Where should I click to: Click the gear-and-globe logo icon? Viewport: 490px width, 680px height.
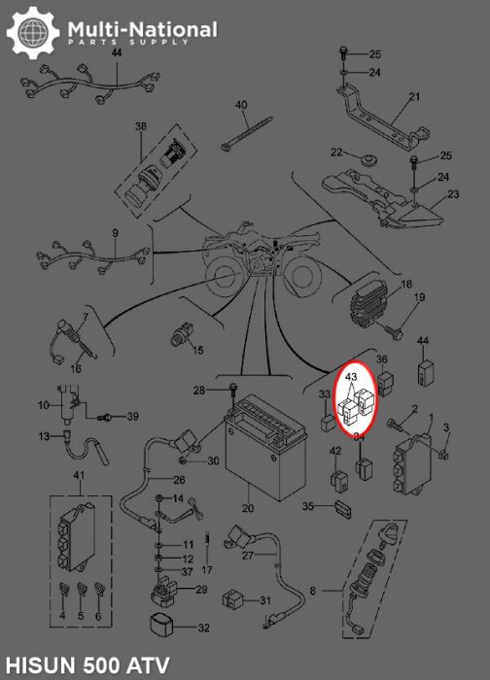(33, 33)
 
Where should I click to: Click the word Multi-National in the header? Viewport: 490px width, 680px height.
(142, 29)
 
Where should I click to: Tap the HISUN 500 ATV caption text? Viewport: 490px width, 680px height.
(87, 665)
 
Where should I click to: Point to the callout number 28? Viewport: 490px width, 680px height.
(198, 391)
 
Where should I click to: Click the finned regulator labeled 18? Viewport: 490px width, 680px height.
(372, 309)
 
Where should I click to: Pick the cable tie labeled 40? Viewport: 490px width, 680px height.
(247, 134)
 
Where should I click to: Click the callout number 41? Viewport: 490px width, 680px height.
(79, 475)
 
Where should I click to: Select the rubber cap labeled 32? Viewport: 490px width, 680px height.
(161, 626)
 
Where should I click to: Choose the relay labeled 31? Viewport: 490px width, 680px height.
(232, 599)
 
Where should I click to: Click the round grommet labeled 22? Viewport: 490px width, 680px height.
(368, 158)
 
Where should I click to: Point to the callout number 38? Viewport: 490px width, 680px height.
(141, 126)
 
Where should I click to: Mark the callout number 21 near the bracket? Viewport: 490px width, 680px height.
(414, 96)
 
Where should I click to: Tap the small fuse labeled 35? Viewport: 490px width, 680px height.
(342, 509)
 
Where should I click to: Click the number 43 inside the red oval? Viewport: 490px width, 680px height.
(352, 377)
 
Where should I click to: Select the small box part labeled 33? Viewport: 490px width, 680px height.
(328, 423)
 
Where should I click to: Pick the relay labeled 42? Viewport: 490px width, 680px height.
(338, 480)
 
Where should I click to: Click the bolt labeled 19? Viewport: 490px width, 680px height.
(395, 333)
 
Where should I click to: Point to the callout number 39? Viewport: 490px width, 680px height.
(132, 417)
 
